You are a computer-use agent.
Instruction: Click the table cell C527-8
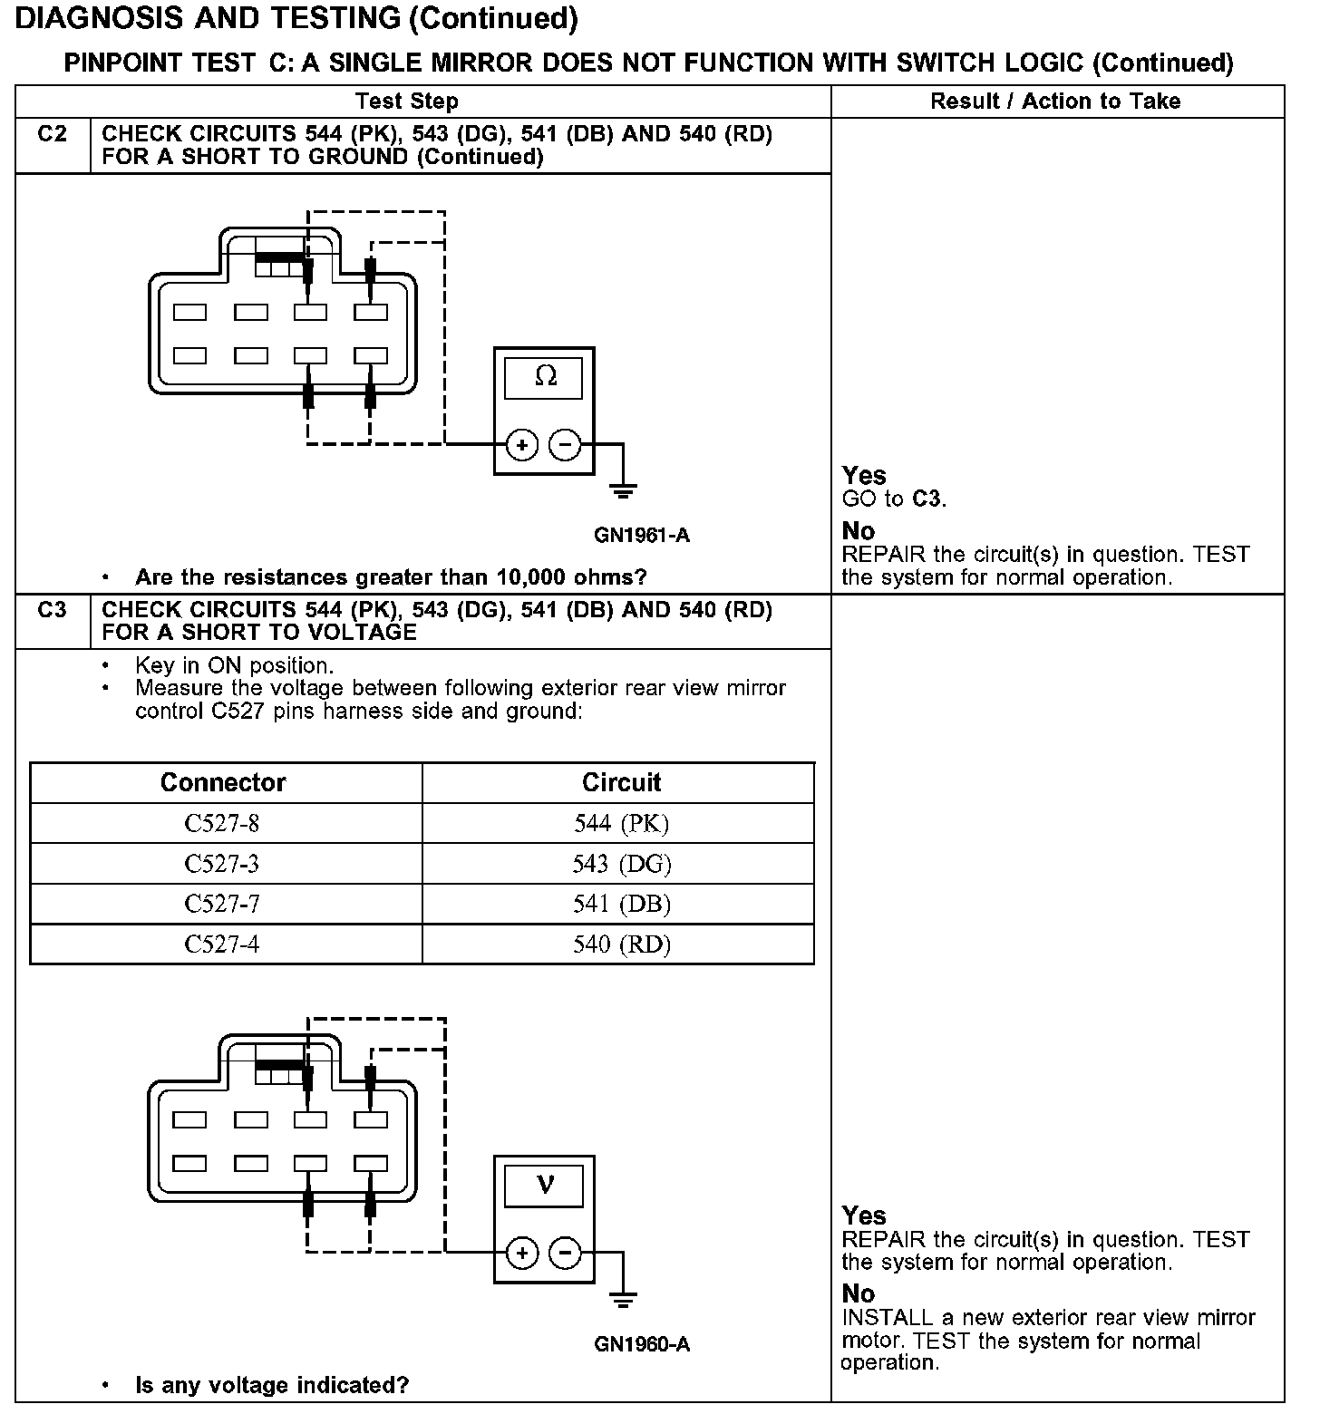coord(221,823)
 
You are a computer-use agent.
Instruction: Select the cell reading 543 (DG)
coord(621,864)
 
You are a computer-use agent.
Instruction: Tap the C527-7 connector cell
coord(221,904)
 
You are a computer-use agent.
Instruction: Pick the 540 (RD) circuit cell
coord(621,944)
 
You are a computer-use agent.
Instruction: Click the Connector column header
coord(223,782)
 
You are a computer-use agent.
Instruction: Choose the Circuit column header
coord(621,782)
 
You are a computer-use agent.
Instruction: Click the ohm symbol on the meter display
coord(545,375)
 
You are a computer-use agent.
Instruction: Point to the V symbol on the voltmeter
coord(544,1184)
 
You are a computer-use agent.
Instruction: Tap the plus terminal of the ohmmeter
coord(521,445)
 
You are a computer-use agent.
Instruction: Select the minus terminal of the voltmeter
coord(565,1254)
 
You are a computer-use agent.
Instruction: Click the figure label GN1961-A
coord(642,536)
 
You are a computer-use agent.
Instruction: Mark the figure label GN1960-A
coord(642,1344)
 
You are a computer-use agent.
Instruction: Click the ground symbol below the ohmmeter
coord(623,492)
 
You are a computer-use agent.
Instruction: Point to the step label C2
coord(53,134)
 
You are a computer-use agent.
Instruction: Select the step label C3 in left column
coord(53,610)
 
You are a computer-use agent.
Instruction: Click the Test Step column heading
coord(407,101)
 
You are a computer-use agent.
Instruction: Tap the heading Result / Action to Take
coord(1055,101)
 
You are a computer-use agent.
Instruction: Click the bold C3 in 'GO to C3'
coord(927,499)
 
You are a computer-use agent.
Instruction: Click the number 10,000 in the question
coord(511,577)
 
